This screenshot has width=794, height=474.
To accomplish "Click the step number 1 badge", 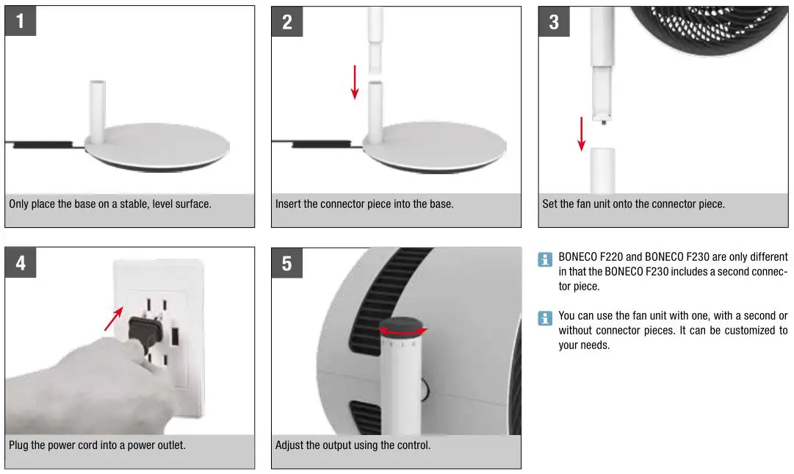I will click(x=21, y=21).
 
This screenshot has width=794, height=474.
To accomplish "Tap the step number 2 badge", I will click(x=287, y=21).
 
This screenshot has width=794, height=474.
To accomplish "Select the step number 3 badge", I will click(x=554, y=21).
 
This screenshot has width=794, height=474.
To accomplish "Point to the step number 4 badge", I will click(x=21, y=262).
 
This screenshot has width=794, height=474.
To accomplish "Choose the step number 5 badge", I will click(x=287, y=262).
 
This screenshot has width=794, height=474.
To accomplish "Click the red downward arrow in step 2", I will click(x=355, y=82).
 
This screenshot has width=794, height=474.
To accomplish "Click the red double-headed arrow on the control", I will click(x=403, y=332).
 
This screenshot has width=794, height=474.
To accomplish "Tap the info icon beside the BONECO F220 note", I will click(x=545, y=259).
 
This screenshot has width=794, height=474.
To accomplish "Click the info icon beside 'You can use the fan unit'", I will click(x=545, y=317).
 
